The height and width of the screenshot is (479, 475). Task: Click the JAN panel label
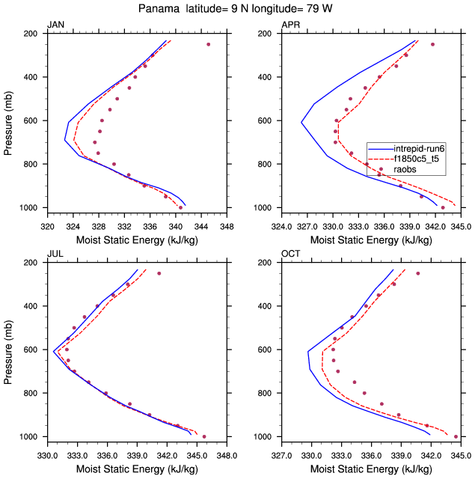click(x=55, y=25)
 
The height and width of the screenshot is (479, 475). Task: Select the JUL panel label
click(x=55, y=254)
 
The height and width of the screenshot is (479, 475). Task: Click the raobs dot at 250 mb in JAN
click(x=208, y=44)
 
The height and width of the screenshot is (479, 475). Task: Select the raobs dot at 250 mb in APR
click(x=432, y=44)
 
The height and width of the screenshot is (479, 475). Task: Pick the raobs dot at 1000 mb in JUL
click(x=204, y=436)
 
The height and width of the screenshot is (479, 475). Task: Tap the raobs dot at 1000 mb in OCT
click(x=456, y=436)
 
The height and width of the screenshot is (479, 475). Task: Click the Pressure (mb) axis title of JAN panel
click(x=8, y=120)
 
